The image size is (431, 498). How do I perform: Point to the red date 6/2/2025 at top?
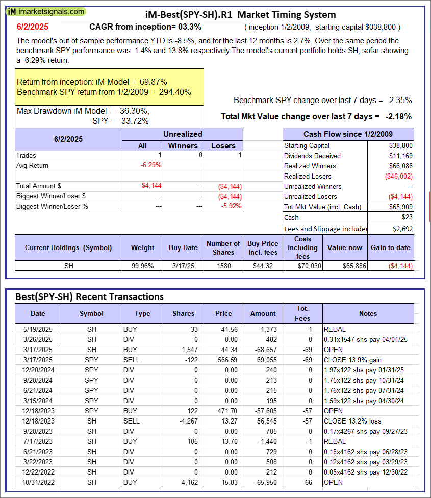[x=30, y=27]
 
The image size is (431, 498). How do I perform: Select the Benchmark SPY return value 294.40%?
[x=175, y=92]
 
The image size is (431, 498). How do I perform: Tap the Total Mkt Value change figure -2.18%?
[x=399, y=116]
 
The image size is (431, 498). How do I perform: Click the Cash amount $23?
[x=407, y=217]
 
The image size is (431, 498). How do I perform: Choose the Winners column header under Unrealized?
[x=183, y=145]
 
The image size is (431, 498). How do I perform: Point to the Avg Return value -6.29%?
[x=151, y=165]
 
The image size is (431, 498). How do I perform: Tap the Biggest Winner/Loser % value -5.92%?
[x=231, y=206]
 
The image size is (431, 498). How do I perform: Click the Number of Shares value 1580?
[x=223, y=266]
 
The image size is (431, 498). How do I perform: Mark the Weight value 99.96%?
[x=142, y=266]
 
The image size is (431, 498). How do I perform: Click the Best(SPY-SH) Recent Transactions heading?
[x=90, y=296]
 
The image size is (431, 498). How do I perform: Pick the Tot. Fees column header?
[x=302, y=313]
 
